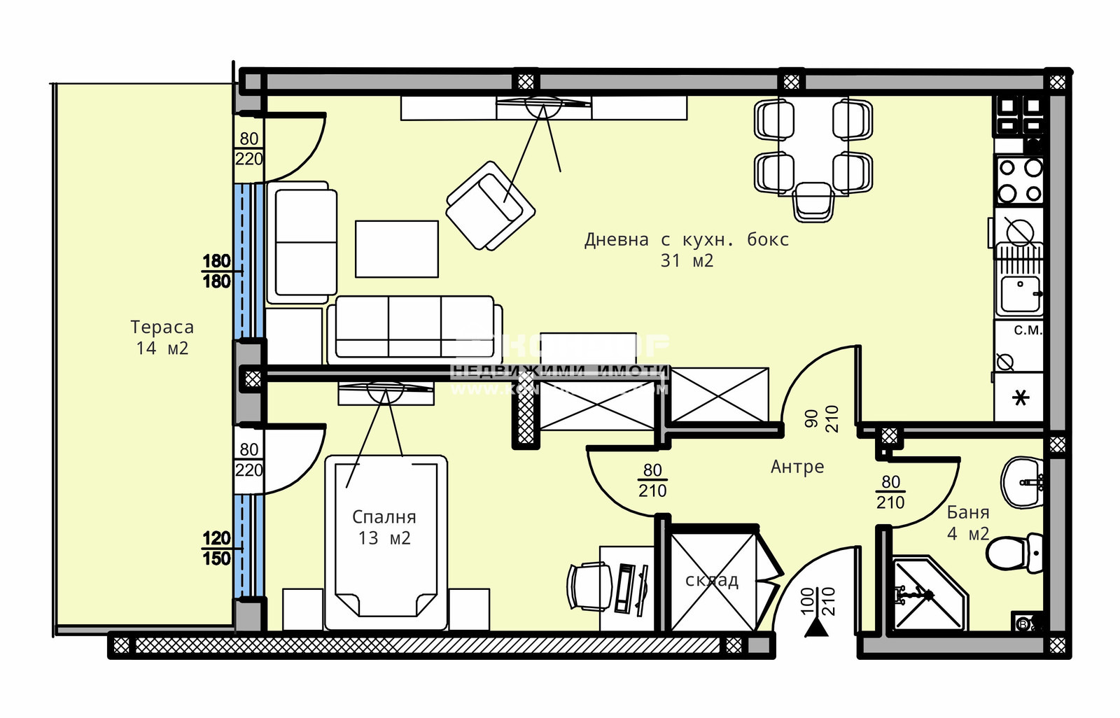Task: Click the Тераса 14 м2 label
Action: (162, 337)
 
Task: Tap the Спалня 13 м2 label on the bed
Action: (384, 528)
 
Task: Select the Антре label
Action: (797, 467)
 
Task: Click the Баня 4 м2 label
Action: (968, 523)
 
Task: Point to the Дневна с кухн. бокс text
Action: (686, 240)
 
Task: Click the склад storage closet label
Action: (711, 580)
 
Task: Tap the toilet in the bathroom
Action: (1015, 552)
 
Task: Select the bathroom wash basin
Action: (1022, 483)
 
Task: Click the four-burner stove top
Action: (1020, 180)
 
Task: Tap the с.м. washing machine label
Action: (1028, 330)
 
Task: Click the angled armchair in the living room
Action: (490, 206)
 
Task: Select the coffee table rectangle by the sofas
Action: (396, 249)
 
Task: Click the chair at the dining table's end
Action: (814, 201)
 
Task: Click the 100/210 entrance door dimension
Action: (818, 601)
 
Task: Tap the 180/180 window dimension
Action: (216, 272)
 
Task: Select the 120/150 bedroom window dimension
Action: (216, 549)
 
